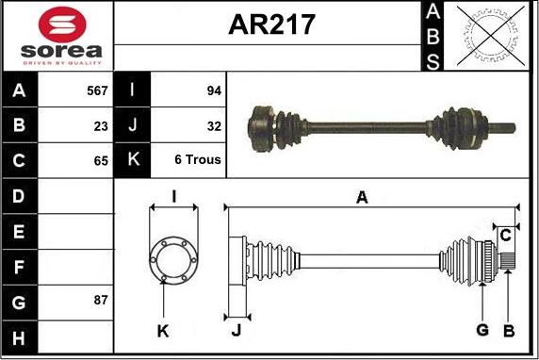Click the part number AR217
pos(271,25)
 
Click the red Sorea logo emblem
pos(62,25)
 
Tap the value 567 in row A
pos(97,90)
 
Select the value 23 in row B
pos(101,126)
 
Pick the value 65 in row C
pos(101,161)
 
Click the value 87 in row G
pos(101,300)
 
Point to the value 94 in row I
pos(214,90)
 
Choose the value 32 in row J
pos(214,126)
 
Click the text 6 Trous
pos(198,159)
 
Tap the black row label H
pos(19,337)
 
